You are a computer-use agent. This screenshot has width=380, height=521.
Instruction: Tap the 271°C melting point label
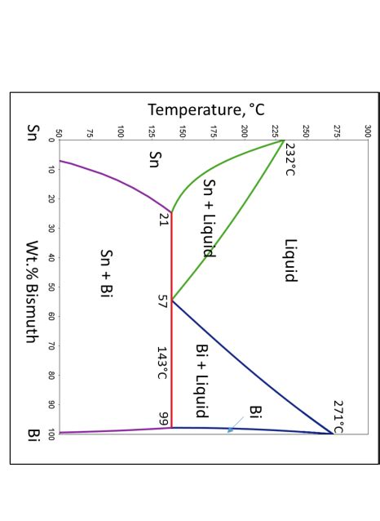coord(338,416)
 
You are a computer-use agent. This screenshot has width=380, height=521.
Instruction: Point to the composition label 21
coord(162,219)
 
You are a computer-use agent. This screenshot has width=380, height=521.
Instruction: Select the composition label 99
coord(163,418)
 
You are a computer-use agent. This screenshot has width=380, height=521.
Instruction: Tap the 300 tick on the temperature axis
coord(368,131)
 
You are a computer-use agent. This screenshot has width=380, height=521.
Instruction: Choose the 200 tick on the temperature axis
coord(245,131)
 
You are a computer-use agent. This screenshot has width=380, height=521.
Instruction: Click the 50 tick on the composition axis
coord(51,287)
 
